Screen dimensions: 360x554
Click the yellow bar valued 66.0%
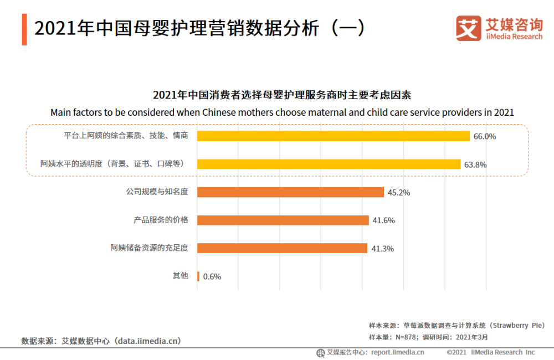(x=333, y=136)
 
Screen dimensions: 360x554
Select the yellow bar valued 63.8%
(x=329, y=164)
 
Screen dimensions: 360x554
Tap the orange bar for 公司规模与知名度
(x=290, y=192)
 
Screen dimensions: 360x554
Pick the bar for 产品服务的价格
(x=283, y=220)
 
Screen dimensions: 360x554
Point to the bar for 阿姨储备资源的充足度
(x=282, y=248)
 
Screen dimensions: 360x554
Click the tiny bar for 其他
(x=198, y=276)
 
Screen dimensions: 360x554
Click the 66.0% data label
(x=484, y=136)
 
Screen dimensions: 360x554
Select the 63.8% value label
(x=475, y=164)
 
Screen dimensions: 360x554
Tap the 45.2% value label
(x=398, y=193)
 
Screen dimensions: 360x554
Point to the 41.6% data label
(x=383, y=220)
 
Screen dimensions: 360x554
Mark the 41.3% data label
(x=382, y=249)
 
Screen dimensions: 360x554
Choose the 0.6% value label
(x=212, y=276)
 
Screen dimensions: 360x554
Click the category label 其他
(x=181, y=276)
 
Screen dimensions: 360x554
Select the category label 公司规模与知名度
(x=157, y=192)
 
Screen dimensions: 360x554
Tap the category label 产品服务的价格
(x=161, y=220)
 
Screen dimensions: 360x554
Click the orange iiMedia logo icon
(x=468, y=28)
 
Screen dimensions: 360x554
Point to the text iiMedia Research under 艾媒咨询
(x=514, y=37)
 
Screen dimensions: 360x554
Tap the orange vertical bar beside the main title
(x=24, y=29)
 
